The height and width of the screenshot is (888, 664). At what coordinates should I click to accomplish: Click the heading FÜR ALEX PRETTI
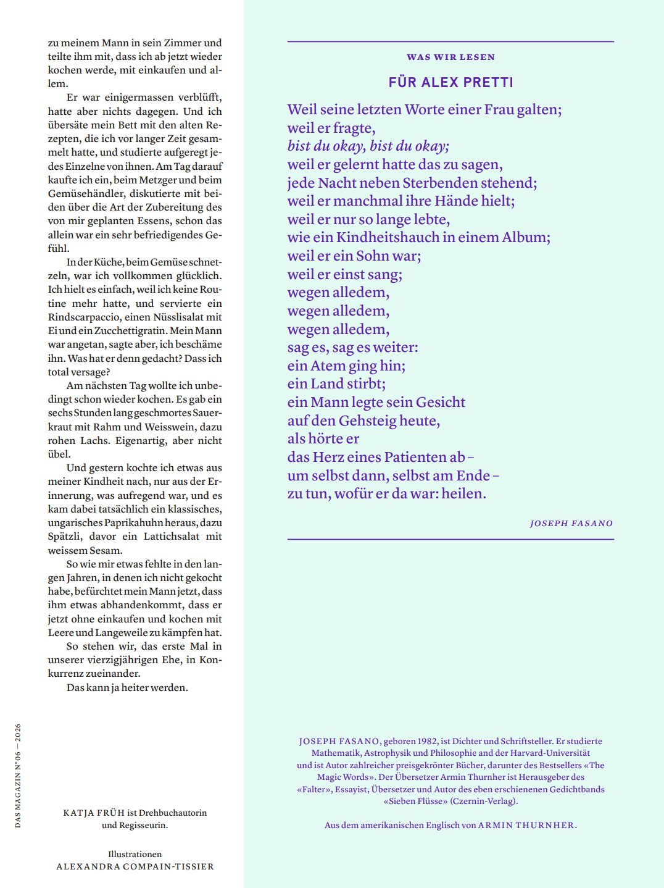click(450, 83)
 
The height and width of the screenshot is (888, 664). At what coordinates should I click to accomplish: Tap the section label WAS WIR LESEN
click(450, 57)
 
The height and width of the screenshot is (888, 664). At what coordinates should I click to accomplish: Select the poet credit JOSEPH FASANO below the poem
click(571, 524)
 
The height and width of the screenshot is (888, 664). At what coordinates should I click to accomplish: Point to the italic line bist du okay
click(368, 146)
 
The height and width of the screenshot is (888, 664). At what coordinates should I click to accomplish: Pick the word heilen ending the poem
click(465, 494)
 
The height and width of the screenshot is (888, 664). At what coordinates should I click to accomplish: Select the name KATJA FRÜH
click(94, 813)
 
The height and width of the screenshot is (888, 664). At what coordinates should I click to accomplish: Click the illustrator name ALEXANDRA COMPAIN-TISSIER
click(135, 867)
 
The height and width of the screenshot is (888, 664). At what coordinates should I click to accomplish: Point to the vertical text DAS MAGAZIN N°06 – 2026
click(18, 776)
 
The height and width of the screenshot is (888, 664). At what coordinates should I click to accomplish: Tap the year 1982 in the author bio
click(427, 742)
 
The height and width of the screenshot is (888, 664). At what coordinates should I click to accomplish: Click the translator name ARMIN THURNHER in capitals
click(526, 826)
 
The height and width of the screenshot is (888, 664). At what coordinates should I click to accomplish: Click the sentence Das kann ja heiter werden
click(127, 688)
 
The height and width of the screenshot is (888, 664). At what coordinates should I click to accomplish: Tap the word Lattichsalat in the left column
click(171, 537)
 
